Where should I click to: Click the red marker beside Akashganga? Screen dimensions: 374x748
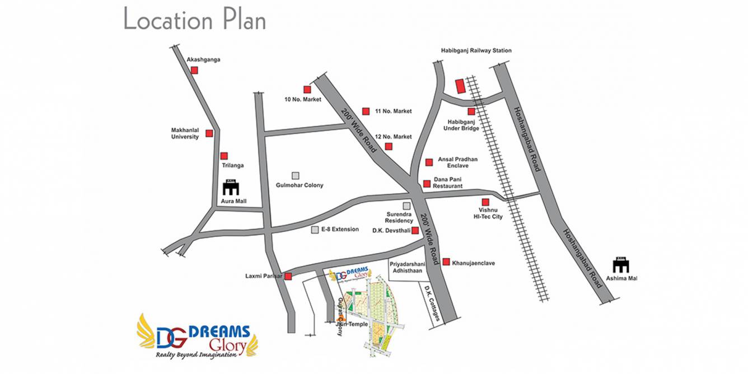point(194,70)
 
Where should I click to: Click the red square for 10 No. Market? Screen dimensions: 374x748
point(307,89)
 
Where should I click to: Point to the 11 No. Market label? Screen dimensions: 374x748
point(393,111)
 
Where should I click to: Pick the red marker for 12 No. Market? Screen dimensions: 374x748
point(389,147)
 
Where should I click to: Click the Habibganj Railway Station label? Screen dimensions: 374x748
point(475,50)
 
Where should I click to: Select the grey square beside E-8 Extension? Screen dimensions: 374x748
point(315,230)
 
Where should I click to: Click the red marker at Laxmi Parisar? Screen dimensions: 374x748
point(288,277)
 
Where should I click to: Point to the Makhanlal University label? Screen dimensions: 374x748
point(185,133)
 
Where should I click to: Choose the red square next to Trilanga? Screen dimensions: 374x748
point(224,156)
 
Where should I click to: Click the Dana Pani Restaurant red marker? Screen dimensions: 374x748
point(427,183)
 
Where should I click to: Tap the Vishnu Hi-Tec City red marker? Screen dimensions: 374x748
point(485,202)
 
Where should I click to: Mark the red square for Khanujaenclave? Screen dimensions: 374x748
point(446,262)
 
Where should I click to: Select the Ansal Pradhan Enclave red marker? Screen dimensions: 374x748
point(429,162)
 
